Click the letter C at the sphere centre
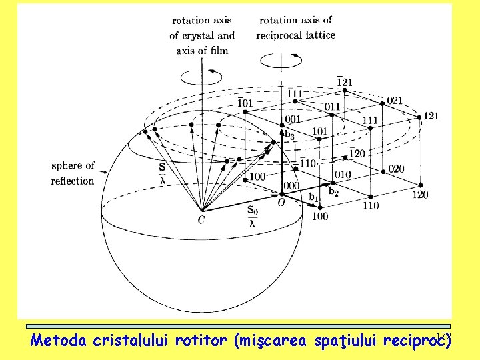click(201, 219)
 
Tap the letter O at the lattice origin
click(282, 203)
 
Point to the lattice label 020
click(395, 169)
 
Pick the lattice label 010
click(343, 175)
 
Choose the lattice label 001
click(292, 119)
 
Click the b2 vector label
click(333, 193)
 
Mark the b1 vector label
click(313, 197)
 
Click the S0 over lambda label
click(252, 217)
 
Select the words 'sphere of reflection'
click(73, 173)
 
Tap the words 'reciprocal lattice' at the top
click(295, 35)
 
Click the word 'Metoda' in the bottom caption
click(58, 341)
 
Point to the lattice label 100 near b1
click(319, 217)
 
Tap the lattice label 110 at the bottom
click(370, 205)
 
